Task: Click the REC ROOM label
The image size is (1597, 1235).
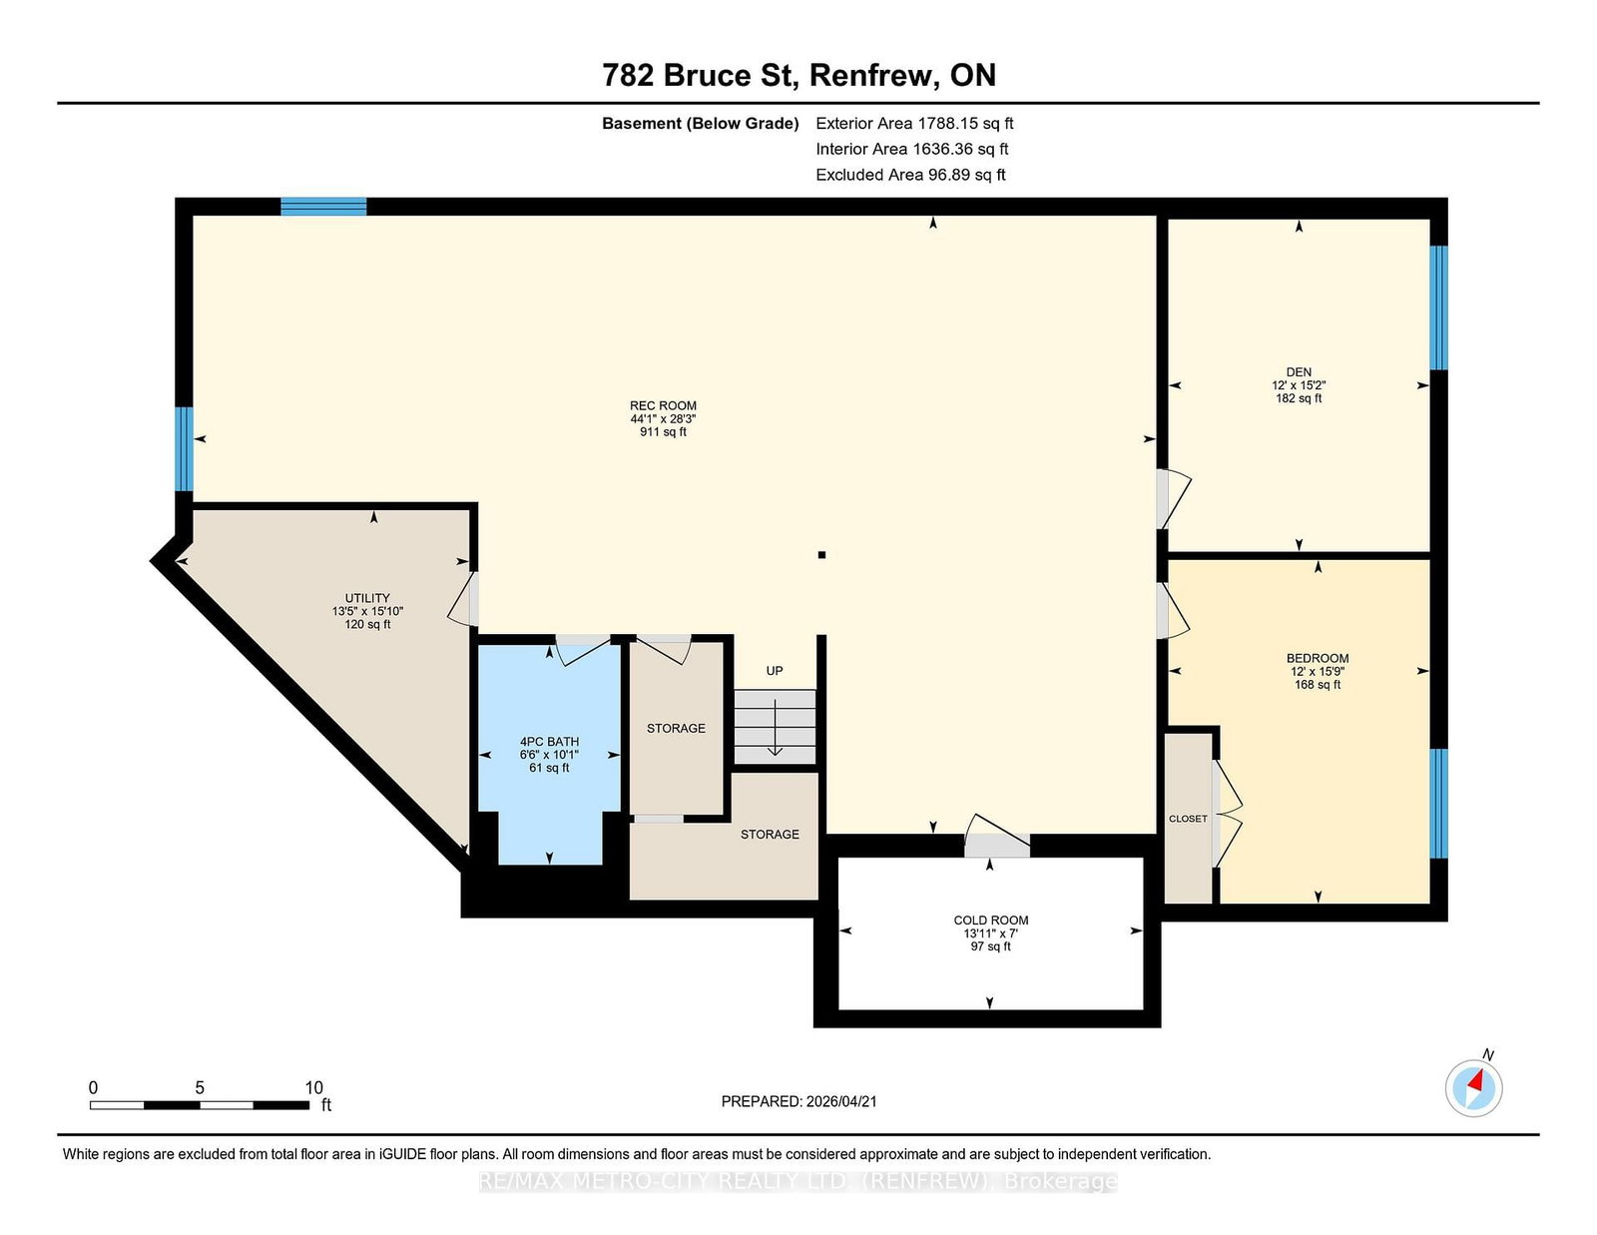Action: [663, 405]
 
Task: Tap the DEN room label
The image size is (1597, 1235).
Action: [1299, 372]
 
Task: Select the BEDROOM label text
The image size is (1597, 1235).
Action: [1317, 658]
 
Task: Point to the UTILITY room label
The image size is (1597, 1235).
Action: [367, 598]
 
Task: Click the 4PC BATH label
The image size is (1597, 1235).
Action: [549, 742]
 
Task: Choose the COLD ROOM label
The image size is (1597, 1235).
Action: [991, 921]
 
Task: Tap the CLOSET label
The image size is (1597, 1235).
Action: [1188, 819]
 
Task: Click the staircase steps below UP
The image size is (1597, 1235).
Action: [775, 726]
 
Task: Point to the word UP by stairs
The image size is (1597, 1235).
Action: [775, 671]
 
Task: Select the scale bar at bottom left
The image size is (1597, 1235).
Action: [200, 1105]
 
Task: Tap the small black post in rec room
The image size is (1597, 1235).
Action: [821, 555]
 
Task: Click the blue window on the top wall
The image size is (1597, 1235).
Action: [323, 207]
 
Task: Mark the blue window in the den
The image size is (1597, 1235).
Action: [1438, 308]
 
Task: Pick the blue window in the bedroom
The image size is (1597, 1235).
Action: [1438, 804]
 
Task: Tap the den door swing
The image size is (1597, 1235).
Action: [1174, 498]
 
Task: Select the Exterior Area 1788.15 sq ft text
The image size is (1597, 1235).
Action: [914, 124]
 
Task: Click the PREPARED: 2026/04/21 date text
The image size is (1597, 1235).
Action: [798, 1101]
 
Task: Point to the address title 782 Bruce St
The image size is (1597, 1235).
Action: [701, 76]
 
